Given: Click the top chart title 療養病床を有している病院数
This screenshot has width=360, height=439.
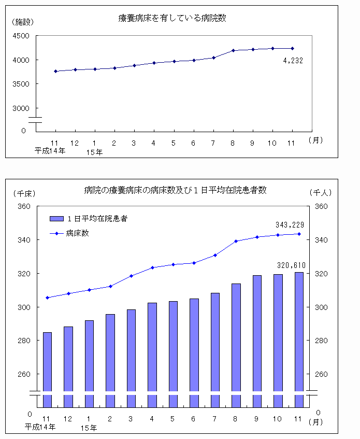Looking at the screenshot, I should tap(172, 18).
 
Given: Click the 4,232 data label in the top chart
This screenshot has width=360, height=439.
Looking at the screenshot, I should tap(293, 60).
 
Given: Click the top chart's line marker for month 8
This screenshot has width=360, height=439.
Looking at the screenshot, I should tap(233, 50).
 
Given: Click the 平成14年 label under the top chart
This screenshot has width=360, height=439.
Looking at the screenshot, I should tap(50, 151).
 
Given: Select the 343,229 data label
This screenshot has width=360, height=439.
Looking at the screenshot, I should tap(290, 224).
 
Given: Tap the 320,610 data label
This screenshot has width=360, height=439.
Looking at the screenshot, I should tap(291, 265).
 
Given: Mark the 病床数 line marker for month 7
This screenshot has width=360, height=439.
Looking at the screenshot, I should tap(215, 255).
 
